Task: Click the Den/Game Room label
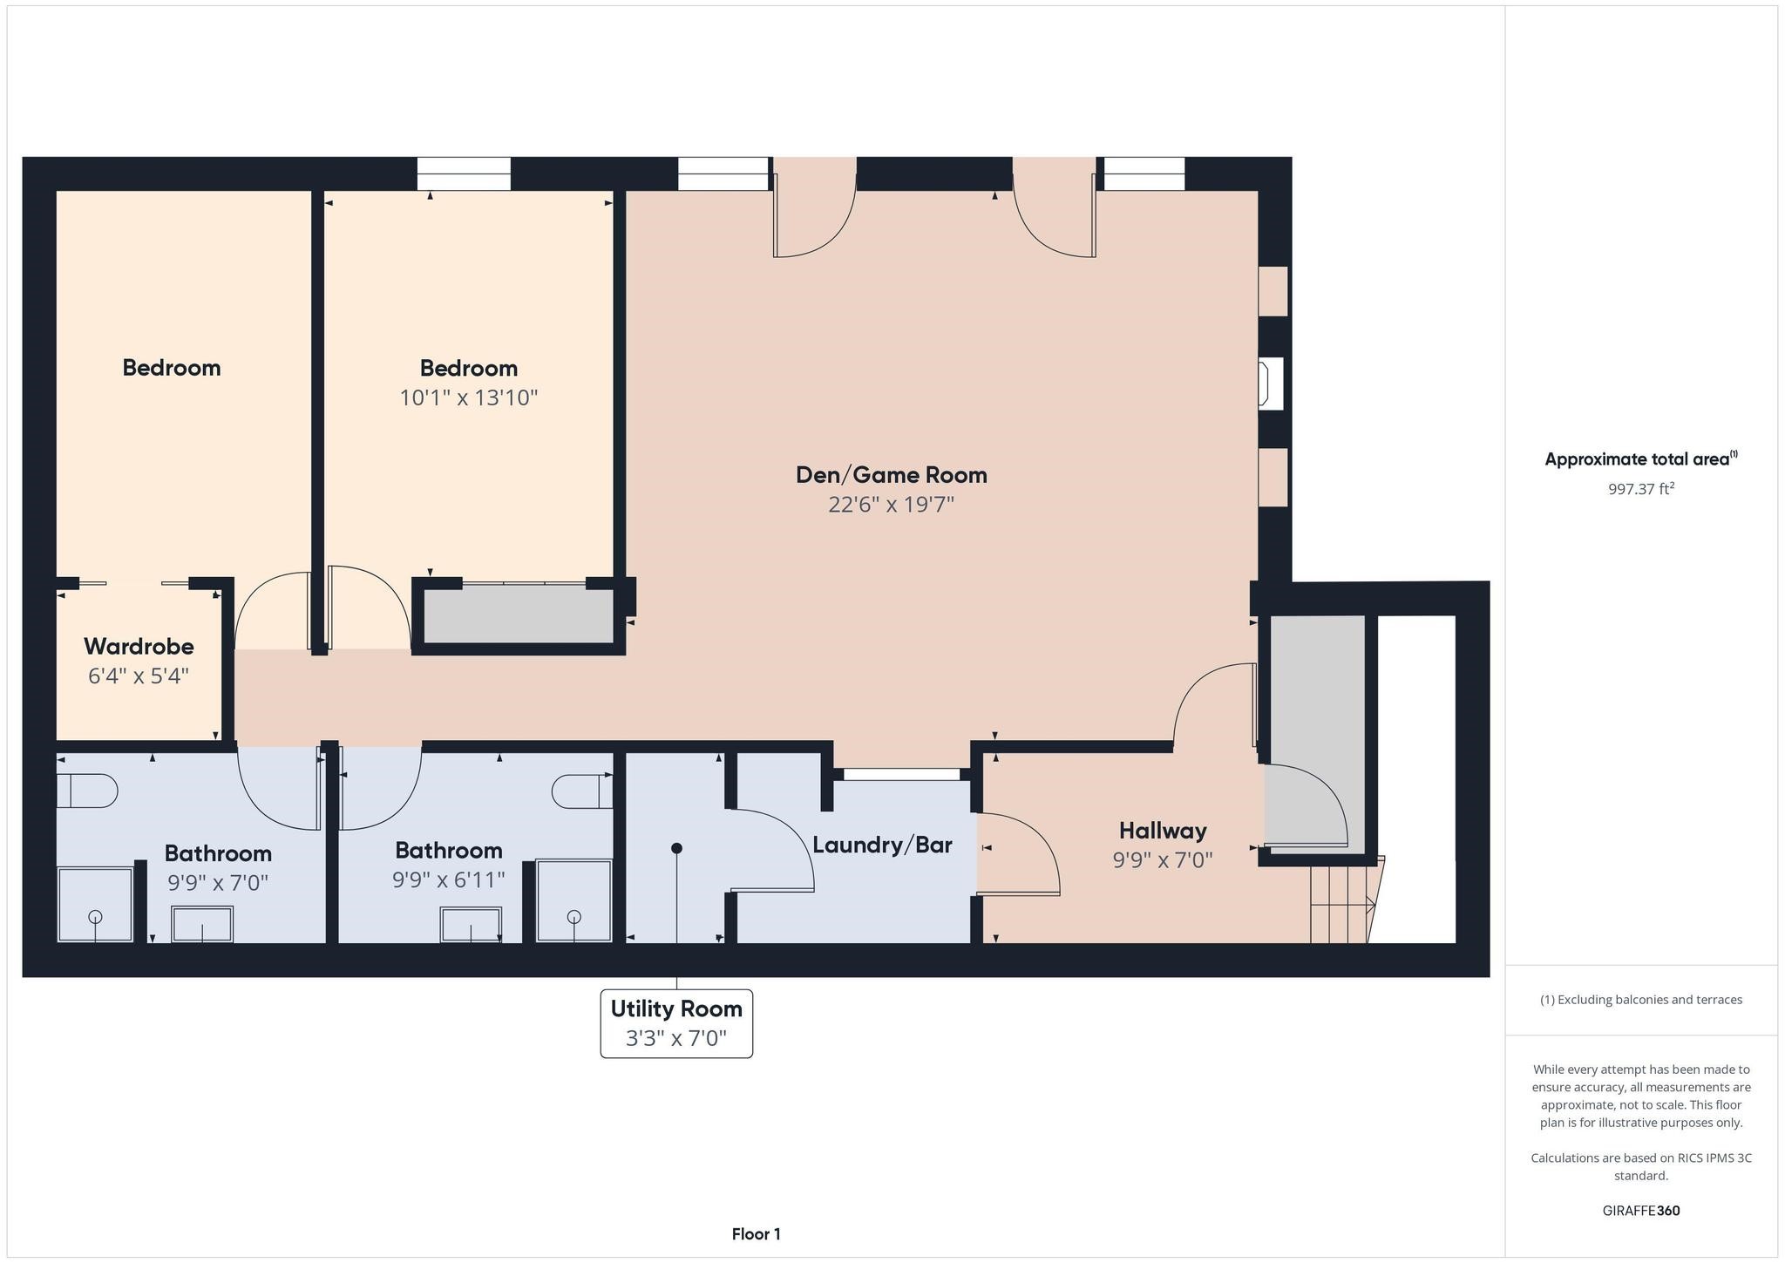(x=892, y=475)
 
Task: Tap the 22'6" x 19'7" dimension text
(x=892, y=505)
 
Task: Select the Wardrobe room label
(x=139, y=647)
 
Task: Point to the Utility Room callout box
(x=676, y=1023)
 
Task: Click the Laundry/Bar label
(x=882, y=845)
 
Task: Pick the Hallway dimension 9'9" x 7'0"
(x=1163, y=860)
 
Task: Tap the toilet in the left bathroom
(x=87, y=791)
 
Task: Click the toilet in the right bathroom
(x=582, y=791)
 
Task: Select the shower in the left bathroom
(x=96, y=905)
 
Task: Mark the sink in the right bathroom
(x=471, y=925)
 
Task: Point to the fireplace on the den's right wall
(x=1271, y=384)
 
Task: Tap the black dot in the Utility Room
(x=676, y=848)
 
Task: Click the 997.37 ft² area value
(x=1641, y=489)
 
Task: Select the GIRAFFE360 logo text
(x=1641, y=1211)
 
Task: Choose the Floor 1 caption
(x=757, y=1234)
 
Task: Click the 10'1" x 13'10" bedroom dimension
(x=469, y=397)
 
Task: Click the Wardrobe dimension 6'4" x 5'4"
(x=139, y=676)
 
